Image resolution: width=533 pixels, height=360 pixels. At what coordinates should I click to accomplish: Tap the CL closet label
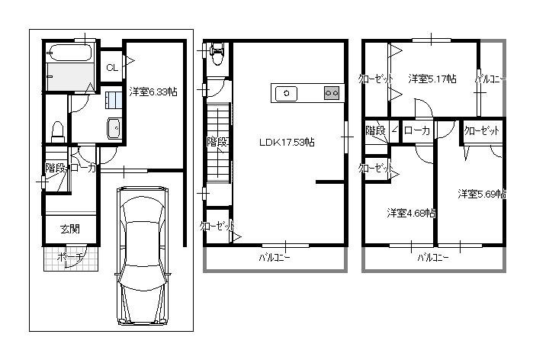coord(111,68)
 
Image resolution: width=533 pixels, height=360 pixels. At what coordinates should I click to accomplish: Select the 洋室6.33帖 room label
coord(153,92)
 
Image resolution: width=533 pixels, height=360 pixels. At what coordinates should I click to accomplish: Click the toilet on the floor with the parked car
coord(56,132)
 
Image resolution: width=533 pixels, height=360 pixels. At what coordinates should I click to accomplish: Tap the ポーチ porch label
coord(69,258)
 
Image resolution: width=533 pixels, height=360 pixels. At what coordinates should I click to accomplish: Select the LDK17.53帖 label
coord(287,142)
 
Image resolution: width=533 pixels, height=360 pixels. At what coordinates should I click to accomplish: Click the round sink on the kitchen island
coord(287,93)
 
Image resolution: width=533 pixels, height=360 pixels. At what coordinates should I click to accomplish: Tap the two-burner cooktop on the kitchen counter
coord(332,93)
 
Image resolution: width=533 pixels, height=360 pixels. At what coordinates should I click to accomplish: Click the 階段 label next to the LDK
coord(217,142)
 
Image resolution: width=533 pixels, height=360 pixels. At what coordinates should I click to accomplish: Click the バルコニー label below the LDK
coord(274,258)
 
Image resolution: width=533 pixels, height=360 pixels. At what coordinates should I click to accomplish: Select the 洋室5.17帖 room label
coord(432,79)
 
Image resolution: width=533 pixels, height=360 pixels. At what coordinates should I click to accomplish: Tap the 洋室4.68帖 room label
coord(411,213)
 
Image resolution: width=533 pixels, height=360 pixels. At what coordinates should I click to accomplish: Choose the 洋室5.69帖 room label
coord(482,194)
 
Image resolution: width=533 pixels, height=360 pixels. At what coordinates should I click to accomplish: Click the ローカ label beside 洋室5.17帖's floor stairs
coord(416,131)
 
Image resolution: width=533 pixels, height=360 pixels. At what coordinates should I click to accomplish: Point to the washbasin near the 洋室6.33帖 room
coord(113,129)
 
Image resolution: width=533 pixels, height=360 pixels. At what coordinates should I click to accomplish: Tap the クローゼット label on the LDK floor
coord(217,226)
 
